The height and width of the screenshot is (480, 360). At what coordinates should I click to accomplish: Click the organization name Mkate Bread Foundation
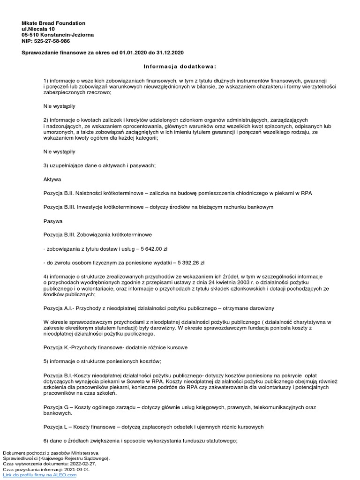pyautogui.click(x=54, y=23)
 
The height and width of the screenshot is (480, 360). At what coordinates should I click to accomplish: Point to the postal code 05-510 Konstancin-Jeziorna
pyautogui.click(x=58, y=35)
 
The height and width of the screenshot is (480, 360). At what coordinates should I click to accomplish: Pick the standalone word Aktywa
pyautogui.click(x=52, y=179)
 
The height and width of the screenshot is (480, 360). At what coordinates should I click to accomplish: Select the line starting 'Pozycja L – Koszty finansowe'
pyautogui.click(x=153, y=427)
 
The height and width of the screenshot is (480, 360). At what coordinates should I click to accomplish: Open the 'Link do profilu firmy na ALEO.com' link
pyautogui.click(x=39, y=475)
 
